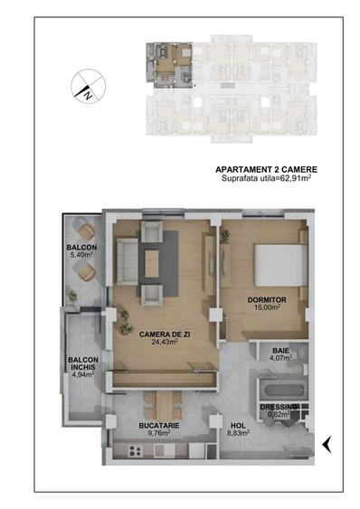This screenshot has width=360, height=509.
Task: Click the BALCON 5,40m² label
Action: (x=81, y=251)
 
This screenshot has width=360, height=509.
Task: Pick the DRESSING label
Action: (x=279, y=408)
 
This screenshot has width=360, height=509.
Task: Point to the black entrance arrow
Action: (x=327, y=443)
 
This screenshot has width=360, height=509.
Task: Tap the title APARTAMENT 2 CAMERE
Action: (x=266, y=169)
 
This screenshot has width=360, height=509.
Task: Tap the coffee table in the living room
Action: (x=151, y=262)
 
